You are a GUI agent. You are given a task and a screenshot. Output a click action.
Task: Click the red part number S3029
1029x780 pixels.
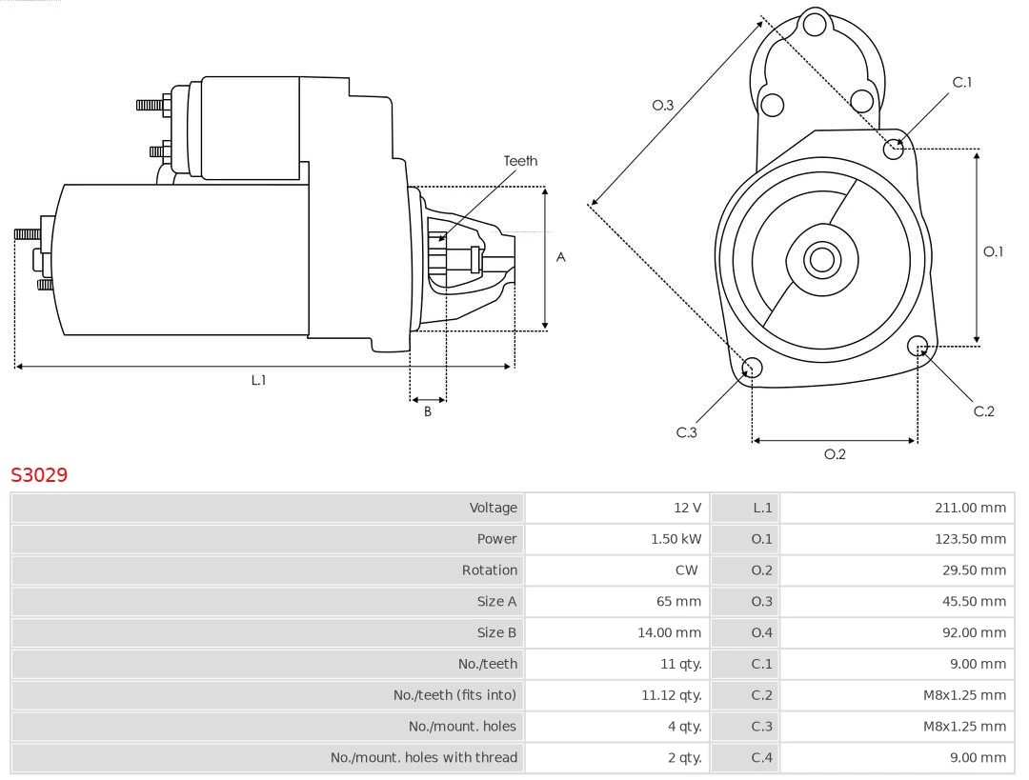(x=39, y=474)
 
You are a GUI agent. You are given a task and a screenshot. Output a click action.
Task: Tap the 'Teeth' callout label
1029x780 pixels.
(x=520, y=161)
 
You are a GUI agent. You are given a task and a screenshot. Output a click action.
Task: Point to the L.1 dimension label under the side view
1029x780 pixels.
(x=258, y=380)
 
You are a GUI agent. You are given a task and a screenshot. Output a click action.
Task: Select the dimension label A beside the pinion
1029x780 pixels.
(x=561, y=257)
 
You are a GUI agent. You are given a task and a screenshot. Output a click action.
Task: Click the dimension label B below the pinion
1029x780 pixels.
(x=428, y=411)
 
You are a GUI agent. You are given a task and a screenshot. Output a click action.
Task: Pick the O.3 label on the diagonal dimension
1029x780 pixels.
(x=663, y=105)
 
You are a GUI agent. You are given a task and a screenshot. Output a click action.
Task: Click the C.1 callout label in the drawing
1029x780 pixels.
(x=962, y=82)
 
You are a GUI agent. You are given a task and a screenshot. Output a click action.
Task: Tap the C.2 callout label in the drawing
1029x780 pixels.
(x=983, y=411)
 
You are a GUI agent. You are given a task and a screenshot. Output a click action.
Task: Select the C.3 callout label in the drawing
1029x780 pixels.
(x=687, y=432)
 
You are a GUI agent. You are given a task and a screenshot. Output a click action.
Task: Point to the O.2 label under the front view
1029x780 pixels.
(x=835, y=454)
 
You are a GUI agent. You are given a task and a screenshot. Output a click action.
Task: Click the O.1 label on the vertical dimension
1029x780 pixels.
(x=993, y=251)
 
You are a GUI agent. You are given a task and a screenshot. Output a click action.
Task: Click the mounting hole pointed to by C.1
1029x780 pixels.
(x=894, y=148)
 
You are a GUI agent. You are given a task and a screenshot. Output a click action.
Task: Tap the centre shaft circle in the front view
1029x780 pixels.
(x=820, y=259)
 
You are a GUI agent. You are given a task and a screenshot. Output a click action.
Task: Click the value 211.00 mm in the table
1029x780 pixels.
(x=970, y=508)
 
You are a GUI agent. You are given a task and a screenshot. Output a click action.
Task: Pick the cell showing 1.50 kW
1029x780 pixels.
(x=676, y=539)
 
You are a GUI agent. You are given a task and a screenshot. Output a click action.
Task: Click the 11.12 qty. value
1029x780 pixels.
(x=671, y=695)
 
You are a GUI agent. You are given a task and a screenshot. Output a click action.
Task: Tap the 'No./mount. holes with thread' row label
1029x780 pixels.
(x=424, y=758)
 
